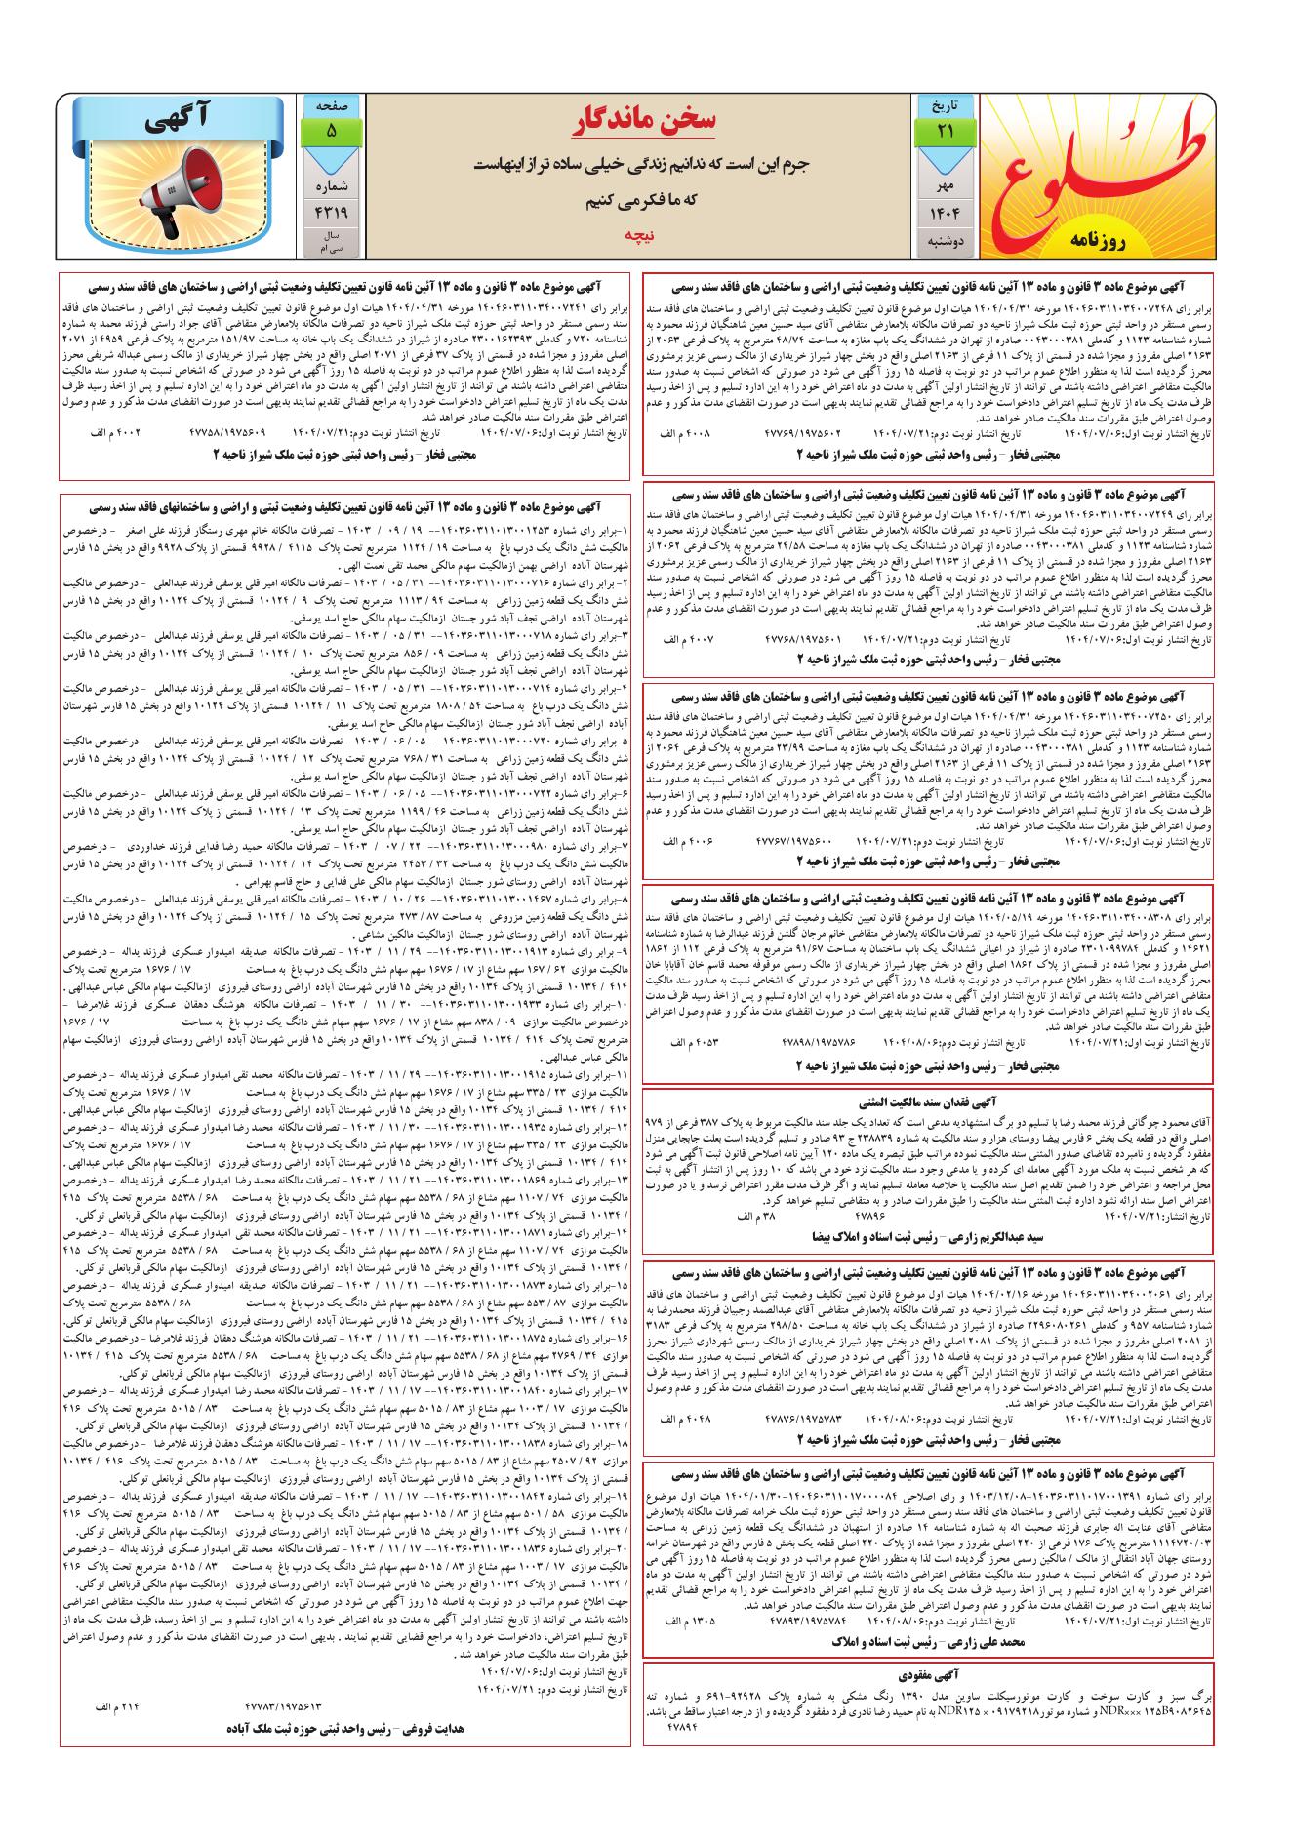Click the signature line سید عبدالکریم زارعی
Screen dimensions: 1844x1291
926,1235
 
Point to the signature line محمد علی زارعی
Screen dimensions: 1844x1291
926,1642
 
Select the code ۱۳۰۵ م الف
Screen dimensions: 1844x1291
689,1620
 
